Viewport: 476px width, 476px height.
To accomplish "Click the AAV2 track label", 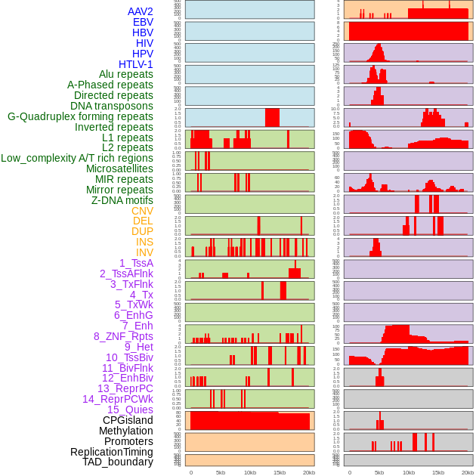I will pyautogui.click(x=141, y=11).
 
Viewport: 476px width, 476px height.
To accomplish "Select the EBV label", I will pyautogui.click(x=143, y=22).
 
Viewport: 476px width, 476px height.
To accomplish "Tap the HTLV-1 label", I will pyautogui.click(x=136, y=64).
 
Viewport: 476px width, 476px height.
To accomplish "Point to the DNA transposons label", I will pyautogui.click(x=112, y=106).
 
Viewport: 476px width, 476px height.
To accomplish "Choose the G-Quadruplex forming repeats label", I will pyautogui.click(x=80, y=116).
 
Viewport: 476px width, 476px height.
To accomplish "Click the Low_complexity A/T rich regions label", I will pyautogui.click(x=77, y=158).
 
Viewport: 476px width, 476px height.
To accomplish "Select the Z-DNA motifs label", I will pyautogui.click(x=122, y=200).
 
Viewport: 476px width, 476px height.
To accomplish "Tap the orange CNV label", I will pyautogui.click(x=142, y=211).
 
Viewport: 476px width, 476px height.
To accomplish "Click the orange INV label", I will pyautogui.click(x=144, y=252).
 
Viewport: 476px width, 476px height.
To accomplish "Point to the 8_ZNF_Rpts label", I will pyautogui.click(x=123, y=336).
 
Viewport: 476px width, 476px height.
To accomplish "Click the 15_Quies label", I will pyautogui.click(x=130, y=410).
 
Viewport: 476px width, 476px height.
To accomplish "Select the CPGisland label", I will pyautogui.click(x=128, y=420).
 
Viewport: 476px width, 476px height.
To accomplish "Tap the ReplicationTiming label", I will pyautogui.click(x=112, y=452).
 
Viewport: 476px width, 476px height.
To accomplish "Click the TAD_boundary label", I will pyautogui.click(x=118, y=462).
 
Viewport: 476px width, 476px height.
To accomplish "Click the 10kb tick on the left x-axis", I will pyautogui.click(x=250, y=472).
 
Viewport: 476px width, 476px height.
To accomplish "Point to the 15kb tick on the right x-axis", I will pyautogui.click(x=438, y=472).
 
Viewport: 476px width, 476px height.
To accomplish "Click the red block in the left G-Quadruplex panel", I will pyautogui.click(x=272, y=118).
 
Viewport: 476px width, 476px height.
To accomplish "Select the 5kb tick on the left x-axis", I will pyautogui.click(x=221, y=472).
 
